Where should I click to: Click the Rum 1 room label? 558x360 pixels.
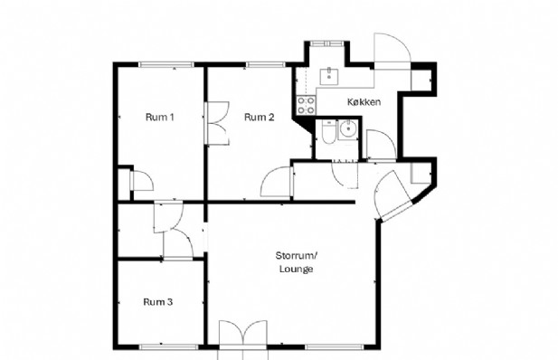[160, 117]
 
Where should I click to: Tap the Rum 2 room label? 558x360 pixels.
[259, 117]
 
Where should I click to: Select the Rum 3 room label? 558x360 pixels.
[158, 302]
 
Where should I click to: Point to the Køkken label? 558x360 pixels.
[364, 102]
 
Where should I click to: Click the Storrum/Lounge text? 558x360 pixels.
[296, 262]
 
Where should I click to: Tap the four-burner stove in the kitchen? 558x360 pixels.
[306, 106]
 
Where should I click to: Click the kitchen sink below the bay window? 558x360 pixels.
[329, 76]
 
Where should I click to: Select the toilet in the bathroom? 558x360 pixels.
[328, 132]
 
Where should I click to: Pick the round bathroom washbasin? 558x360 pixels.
[347, 128]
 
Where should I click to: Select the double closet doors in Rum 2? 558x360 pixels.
[217, 123]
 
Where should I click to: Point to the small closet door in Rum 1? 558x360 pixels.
[142, 181]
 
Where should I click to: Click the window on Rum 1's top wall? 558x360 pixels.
[166, 64]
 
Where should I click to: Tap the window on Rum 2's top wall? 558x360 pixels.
[265, 64]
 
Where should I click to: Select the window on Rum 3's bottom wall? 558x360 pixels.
[168, 346]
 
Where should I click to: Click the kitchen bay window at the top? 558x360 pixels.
[326, 43]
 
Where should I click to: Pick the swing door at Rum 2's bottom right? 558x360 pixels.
[276, 182]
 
